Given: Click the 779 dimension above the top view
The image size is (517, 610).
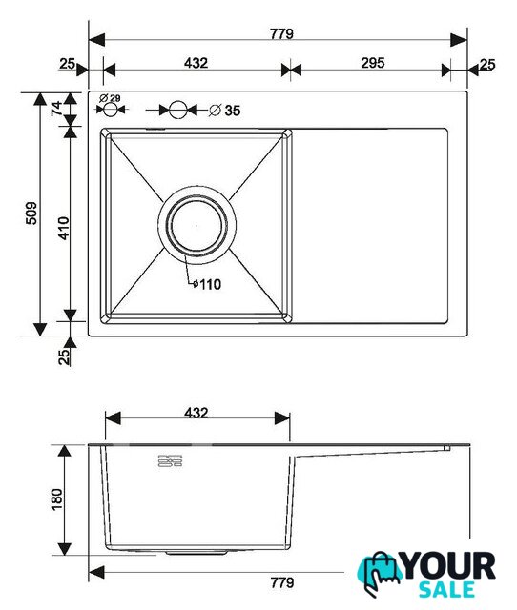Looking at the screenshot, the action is click(x=281, y=34).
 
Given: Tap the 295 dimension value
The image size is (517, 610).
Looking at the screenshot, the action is click(x=373, y=63).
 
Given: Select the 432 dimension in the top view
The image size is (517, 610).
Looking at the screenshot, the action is click(x=196, y=63).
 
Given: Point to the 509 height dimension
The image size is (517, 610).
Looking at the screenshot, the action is click(x=31, y=213).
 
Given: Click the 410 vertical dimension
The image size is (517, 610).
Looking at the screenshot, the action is click(x=63, y=228).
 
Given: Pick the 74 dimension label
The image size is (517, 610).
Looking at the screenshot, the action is click(x=57, y=108).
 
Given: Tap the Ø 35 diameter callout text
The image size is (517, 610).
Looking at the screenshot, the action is click(x=225, y=111).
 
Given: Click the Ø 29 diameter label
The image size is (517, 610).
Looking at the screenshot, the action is click(x=110, y=98).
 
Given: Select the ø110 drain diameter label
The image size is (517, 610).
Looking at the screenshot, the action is click(x=207, y=284).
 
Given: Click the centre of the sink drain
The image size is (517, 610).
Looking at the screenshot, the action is click(x=196, y=225).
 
